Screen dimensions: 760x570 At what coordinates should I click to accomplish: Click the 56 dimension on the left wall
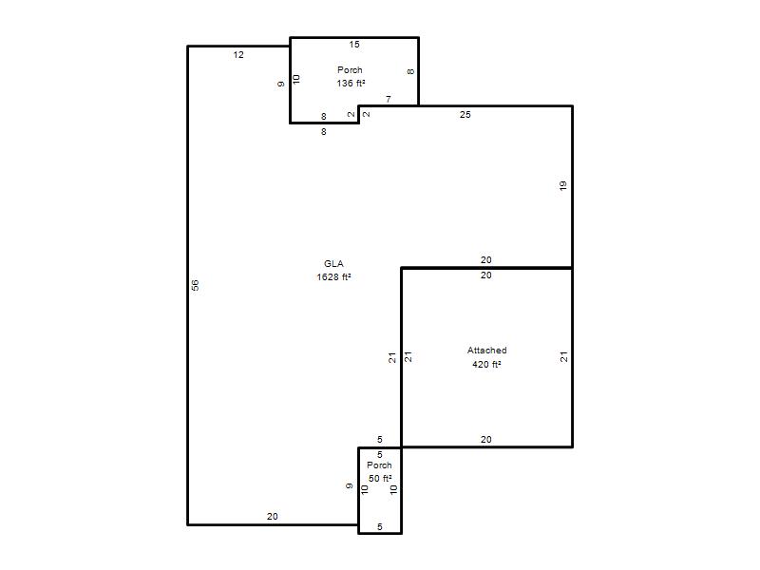pyautogui.click(x=195, y=285)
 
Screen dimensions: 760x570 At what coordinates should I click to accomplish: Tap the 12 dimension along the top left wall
pyautogui.click(x=238, y=55)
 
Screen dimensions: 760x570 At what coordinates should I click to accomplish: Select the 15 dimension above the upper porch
pyautogui.click(x=354, y=45)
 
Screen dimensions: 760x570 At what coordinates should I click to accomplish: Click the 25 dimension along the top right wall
pyautogui.click(x=465, y=115)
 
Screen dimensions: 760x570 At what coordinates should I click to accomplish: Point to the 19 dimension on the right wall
pyautogui.click(x=562, y=185)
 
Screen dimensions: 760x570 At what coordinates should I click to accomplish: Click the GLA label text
pyautogui.click(x=333, y=264)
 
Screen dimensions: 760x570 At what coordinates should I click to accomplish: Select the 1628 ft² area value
pyautogui.click(x=333, y=276)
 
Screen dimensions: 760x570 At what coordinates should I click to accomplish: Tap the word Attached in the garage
pyautogui.click(x=487, y=350)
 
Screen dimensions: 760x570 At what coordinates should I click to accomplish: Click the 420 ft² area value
pyautogui.click(x=486, y=364)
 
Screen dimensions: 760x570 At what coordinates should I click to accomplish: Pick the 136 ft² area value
pyautogui.click(x=351, y=83)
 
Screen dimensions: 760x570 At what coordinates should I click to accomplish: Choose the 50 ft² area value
pyautogui.click(x=380, y=479)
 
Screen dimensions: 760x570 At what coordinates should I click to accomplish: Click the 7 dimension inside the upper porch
pyautogui.click(x=389, y=100)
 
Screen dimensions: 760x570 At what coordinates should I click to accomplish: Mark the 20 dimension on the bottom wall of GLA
pyautogui.click(x=273, y=517)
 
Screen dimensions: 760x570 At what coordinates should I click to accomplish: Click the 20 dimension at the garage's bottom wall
pyautogui.click(x=486, y=440)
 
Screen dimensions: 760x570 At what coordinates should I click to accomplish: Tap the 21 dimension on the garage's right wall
pyautogui.click(x=563, y=357)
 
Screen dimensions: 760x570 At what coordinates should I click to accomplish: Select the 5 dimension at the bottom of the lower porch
pyautogui.click(x=380, y=527)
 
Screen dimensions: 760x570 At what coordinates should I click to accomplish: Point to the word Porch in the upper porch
pyautogui.click(x=350, y=69)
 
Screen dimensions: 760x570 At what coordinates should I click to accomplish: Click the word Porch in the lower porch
pyautogui.click(x=379, y=465)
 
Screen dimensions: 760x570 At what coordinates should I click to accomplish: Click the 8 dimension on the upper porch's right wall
pyautogui.click(x=410, y=72)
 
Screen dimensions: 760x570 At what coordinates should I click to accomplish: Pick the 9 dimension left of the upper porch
pyautogui.click(x=280, y=85)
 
